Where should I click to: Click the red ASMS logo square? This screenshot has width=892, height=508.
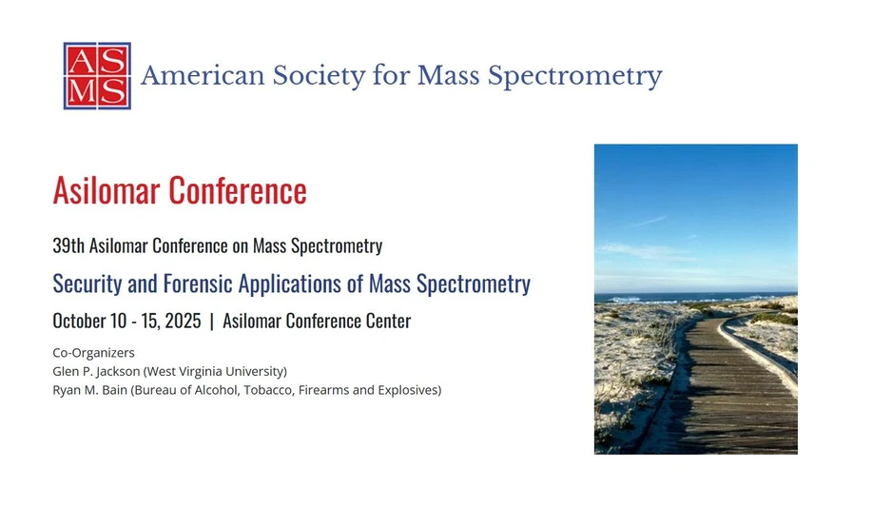pos(97,76)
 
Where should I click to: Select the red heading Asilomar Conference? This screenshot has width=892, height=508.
pos(180,190)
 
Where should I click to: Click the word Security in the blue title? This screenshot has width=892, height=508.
pos(86,283)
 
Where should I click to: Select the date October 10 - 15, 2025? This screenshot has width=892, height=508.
pos(126,322)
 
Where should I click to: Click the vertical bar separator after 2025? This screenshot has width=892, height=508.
pos(211,322)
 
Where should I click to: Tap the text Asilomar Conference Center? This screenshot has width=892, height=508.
pos(317,322)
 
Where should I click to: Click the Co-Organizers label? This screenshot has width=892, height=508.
pos(93,353)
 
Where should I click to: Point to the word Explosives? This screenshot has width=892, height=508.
pos(408,389)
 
